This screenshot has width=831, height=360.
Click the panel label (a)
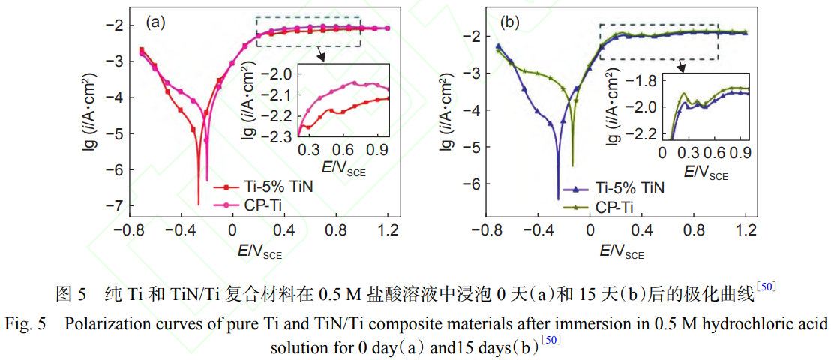(155, 22)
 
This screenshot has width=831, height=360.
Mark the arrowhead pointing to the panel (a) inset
(321, 56)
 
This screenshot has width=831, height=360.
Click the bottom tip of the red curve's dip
(199, 203)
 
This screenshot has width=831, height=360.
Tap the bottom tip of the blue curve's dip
(559, 199)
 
